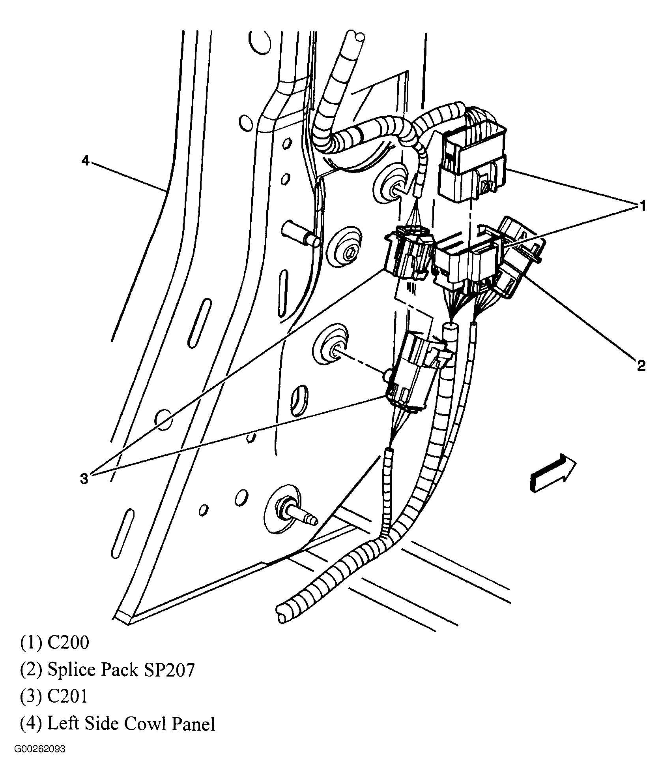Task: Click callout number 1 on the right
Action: pyautogui.click(x=642, y=206)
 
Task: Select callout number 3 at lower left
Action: pyautogui.click(x=84, y=479)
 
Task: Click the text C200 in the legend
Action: pyautogui.click(x=68, y=643)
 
